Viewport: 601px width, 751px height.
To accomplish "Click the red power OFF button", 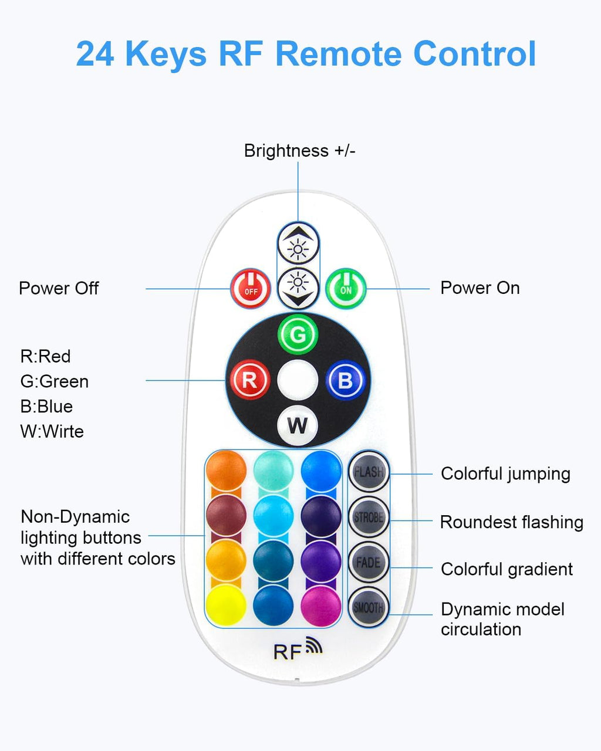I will click(x=251, y=289).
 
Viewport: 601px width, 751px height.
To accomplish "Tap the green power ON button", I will click(x=346, y=288).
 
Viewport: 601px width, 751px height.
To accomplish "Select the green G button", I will click(x=298, y=335).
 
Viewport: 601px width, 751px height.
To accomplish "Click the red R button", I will click(x=249, y=380).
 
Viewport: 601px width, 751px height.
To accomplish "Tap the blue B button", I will click(x=345, y=380).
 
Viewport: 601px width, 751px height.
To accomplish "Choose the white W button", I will click(x=298, y=425).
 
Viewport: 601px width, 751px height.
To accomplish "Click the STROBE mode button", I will click(x=369, y=517).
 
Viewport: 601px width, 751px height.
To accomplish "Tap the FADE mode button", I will click(x=369, y=563).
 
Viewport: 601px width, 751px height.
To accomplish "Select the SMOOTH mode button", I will click(x=369, y=608).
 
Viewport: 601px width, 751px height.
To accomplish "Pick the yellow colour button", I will click(x=226, y=605).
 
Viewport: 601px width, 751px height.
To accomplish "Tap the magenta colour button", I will click(x=321, y=605).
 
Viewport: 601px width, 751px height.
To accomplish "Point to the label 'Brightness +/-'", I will click(x=299, y=151).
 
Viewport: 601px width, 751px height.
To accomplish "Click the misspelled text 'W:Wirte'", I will click(x=52, y=431).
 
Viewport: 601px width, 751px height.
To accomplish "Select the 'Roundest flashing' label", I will click(x=511, y=522).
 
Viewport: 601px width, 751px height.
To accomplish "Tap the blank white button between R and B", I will click(x=298, y=380).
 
